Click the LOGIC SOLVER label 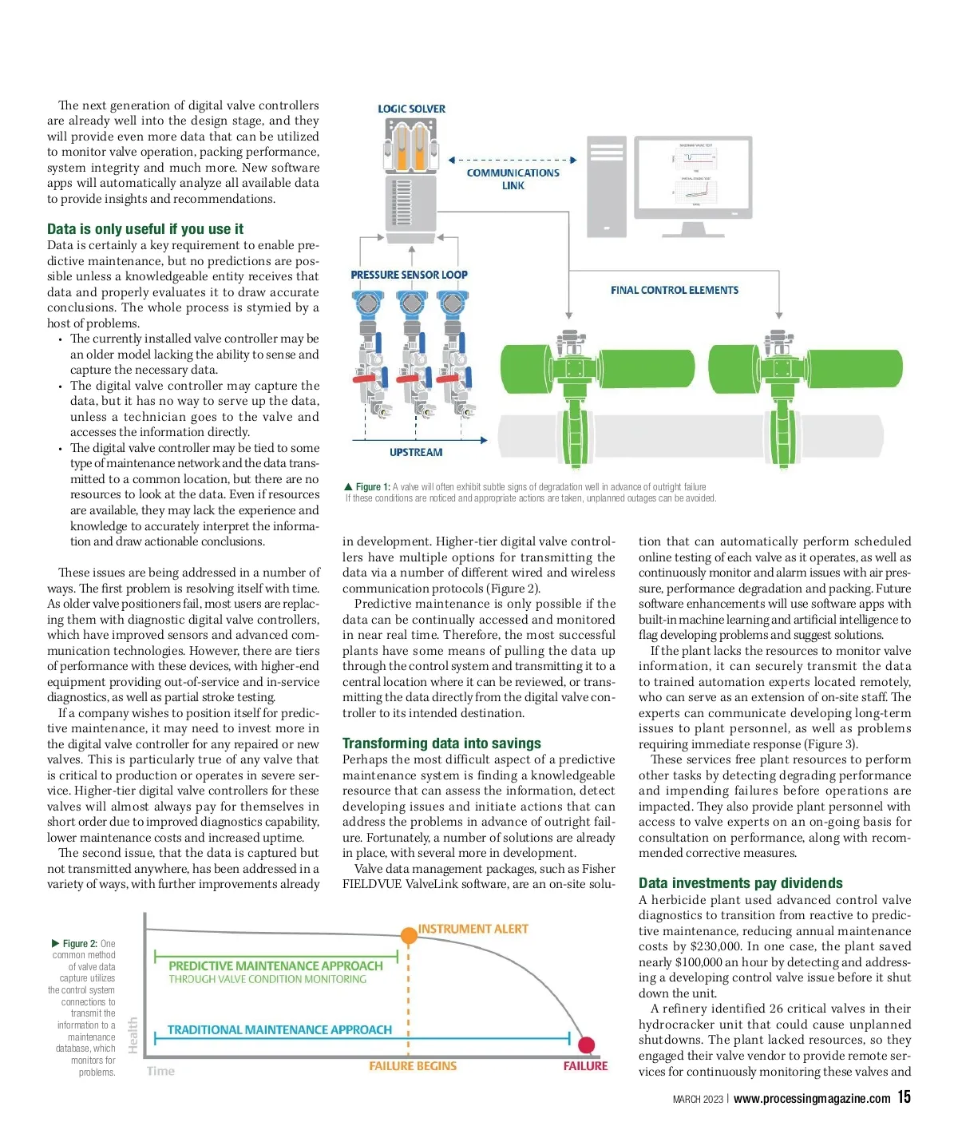(411, 109)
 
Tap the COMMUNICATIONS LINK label (513, 179)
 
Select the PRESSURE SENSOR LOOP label (409, 275)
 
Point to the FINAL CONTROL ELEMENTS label (674, 290)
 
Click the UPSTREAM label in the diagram (415, 452)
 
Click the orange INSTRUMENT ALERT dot (408, 935)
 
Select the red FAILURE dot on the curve (586, 1045)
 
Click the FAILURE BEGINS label (413, 1066)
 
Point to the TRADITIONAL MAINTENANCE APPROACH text (279, 1030)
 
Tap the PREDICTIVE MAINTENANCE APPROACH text (275, 965)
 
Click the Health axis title (133, 1034)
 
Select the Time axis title (160, 1071)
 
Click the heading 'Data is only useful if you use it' (145, 229)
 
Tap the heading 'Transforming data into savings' (441, 743)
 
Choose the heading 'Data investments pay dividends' (740, 883)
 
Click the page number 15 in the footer (904, 1097)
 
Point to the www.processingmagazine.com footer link (811, 1099)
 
